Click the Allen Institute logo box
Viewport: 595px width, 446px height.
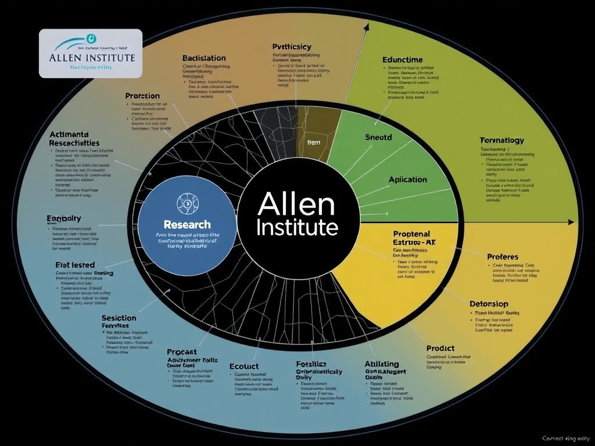90,53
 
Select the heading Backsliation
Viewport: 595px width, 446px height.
204,58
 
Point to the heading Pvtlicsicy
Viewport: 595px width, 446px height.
292,46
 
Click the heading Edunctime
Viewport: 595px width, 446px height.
403,59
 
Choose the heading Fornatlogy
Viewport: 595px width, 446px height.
502,140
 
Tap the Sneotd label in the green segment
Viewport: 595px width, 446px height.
378,138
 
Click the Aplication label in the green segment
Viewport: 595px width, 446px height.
407,179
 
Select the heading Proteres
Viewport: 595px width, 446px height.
503,256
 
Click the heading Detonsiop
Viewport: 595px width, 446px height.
489,304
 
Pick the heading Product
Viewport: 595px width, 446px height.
440,348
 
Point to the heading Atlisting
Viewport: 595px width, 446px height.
382,364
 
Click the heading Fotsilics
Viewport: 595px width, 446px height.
314,364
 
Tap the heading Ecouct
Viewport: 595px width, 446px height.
243,366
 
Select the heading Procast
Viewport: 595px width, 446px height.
181,352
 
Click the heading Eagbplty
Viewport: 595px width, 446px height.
63,218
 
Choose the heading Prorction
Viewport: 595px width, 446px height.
142,95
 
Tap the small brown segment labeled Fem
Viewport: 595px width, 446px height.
314,141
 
